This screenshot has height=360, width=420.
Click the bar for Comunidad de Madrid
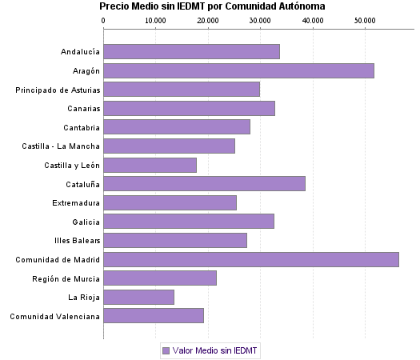251,259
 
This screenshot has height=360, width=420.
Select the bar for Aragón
238,70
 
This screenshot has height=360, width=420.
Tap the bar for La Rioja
139,297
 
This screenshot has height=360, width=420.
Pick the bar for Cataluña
205,184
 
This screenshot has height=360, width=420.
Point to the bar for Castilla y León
150,165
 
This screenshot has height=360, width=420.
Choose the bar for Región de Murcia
160,278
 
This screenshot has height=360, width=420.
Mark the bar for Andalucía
192,52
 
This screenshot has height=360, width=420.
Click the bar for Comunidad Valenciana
154,316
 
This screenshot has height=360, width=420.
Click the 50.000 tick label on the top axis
364,19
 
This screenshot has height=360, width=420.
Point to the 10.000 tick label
155,19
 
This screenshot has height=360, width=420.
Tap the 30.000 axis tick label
260,19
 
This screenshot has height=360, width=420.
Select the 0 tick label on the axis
104,19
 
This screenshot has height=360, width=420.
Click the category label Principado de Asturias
58,90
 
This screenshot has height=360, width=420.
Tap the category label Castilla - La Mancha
61,146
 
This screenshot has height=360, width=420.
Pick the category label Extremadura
76,202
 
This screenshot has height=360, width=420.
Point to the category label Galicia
86,222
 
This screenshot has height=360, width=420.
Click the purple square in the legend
166,350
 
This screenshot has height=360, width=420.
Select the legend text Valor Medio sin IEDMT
216,350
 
